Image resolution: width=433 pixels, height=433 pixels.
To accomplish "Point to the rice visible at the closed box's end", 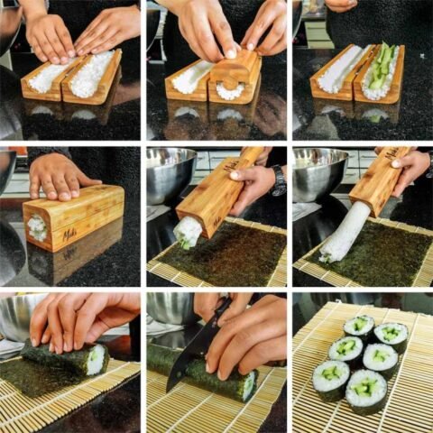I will (37, 227).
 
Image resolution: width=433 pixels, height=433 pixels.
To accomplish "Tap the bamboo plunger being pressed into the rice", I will (234, 68).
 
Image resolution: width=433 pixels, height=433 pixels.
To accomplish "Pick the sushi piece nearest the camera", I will (366, 388).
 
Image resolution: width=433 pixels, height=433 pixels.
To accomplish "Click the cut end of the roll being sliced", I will (247, 386).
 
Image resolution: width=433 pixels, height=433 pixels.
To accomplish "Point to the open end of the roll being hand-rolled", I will (96, 359).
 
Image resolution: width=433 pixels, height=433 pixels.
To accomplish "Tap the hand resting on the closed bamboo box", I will (60, 176).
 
